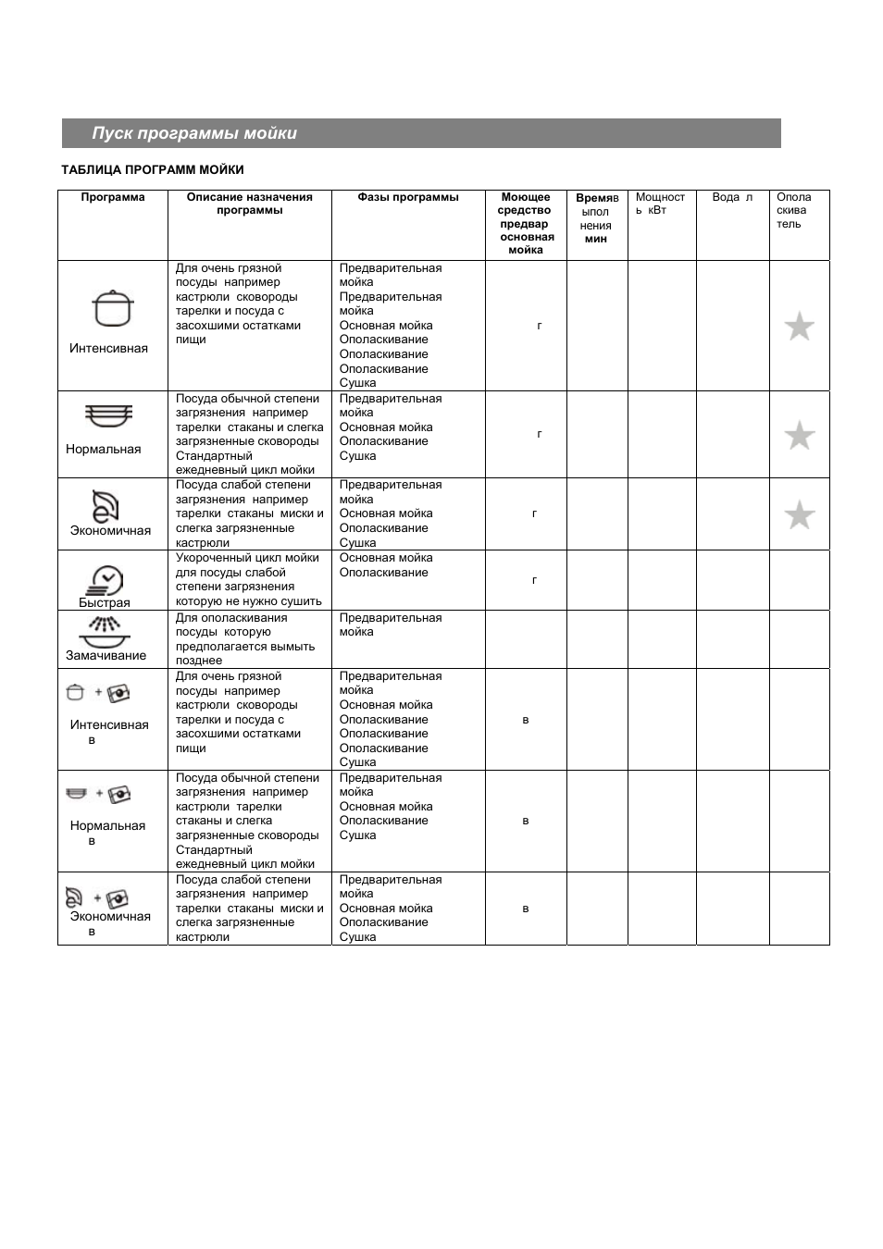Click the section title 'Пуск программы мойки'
click(194, 133)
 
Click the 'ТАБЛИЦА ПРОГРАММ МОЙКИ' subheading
click(153, 170)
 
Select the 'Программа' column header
click(113, 197)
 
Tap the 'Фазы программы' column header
click(408, 197)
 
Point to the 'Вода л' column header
click(732, 197)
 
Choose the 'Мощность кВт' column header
click(660, 204)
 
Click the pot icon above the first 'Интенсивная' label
click(113, 309)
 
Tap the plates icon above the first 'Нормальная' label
click(109, 416)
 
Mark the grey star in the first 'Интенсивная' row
click(799, 327)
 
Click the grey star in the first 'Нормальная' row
click(799, 435)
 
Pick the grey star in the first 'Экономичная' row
click(799, 514)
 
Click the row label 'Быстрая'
click(105, 603)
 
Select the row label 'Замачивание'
click(106, 656)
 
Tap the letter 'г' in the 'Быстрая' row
click(535, 580)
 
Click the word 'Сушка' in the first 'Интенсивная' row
click(358, 383)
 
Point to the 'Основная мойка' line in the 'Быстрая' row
click(386, 558)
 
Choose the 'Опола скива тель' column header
click(793, 210)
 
